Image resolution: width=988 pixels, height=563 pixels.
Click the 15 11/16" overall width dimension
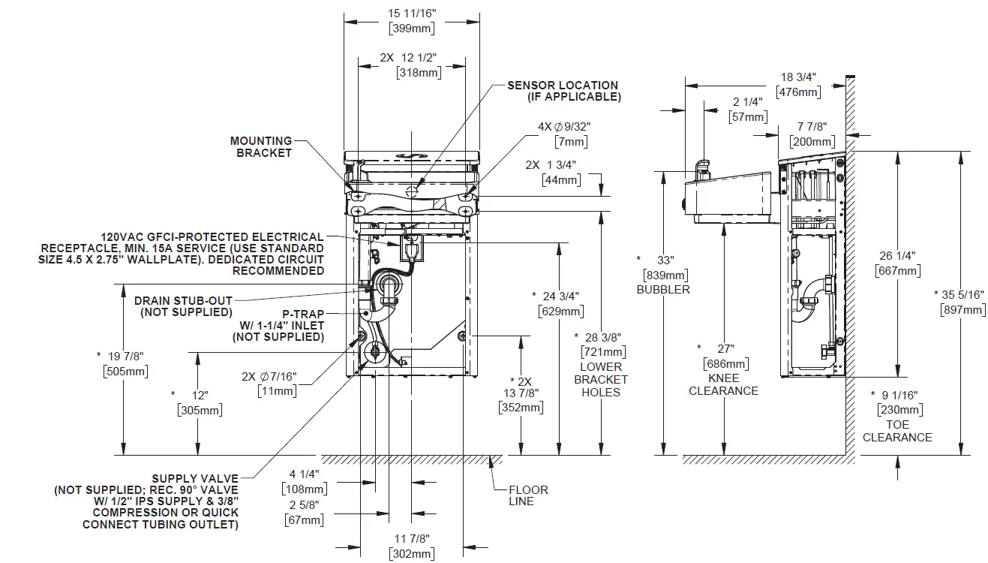point(411,14)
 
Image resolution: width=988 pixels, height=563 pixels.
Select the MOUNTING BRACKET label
point(261,146)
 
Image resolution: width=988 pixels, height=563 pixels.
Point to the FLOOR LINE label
point(528,495)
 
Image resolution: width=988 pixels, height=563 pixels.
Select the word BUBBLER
point(662,289)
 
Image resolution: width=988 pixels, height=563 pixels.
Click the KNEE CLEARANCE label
point(723,384)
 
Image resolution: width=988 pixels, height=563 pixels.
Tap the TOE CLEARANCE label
point(897,431)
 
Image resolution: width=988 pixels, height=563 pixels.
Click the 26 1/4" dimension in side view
point(897,255)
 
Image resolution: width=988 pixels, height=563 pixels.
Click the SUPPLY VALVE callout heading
point(195,478)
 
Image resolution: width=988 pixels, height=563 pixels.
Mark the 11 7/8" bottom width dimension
point(411,538)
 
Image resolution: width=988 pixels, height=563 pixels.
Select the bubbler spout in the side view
point(701,167)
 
